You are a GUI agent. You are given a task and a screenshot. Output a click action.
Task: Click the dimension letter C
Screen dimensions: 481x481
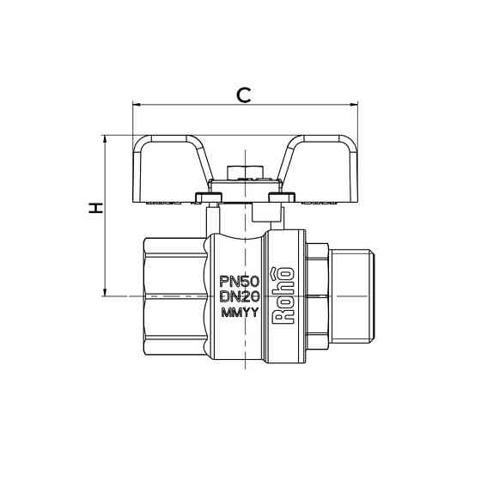[244, 94]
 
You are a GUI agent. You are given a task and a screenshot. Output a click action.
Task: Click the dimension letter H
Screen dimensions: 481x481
[97, 208]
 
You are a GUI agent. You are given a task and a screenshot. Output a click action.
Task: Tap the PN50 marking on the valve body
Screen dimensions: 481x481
[239, 281]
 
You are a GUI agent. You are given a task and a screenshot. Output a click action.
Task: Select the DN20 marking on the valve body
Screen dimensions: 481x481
[239, 296]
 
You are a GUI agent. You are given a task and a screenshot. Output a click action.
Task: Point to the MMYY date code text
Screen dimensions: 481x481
[239, 312]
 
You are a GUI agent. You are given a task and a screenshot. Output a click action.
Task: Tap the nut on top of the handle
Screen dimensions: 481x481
[244, 172]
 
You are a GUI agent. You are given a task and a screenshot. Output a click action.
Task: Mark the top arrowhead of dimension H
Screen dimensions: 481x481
[105, 138]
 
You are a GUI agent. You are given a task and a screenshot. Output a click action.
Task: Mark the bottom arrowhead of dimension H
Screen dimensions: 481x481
[105, 291]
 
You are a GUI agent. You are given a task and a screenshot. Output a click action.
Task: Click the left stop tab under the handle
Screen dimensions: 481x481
[210, 198]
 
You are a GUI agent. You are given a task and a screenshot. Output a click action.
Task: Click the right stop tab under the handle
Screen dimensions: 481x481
[277, 198]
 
